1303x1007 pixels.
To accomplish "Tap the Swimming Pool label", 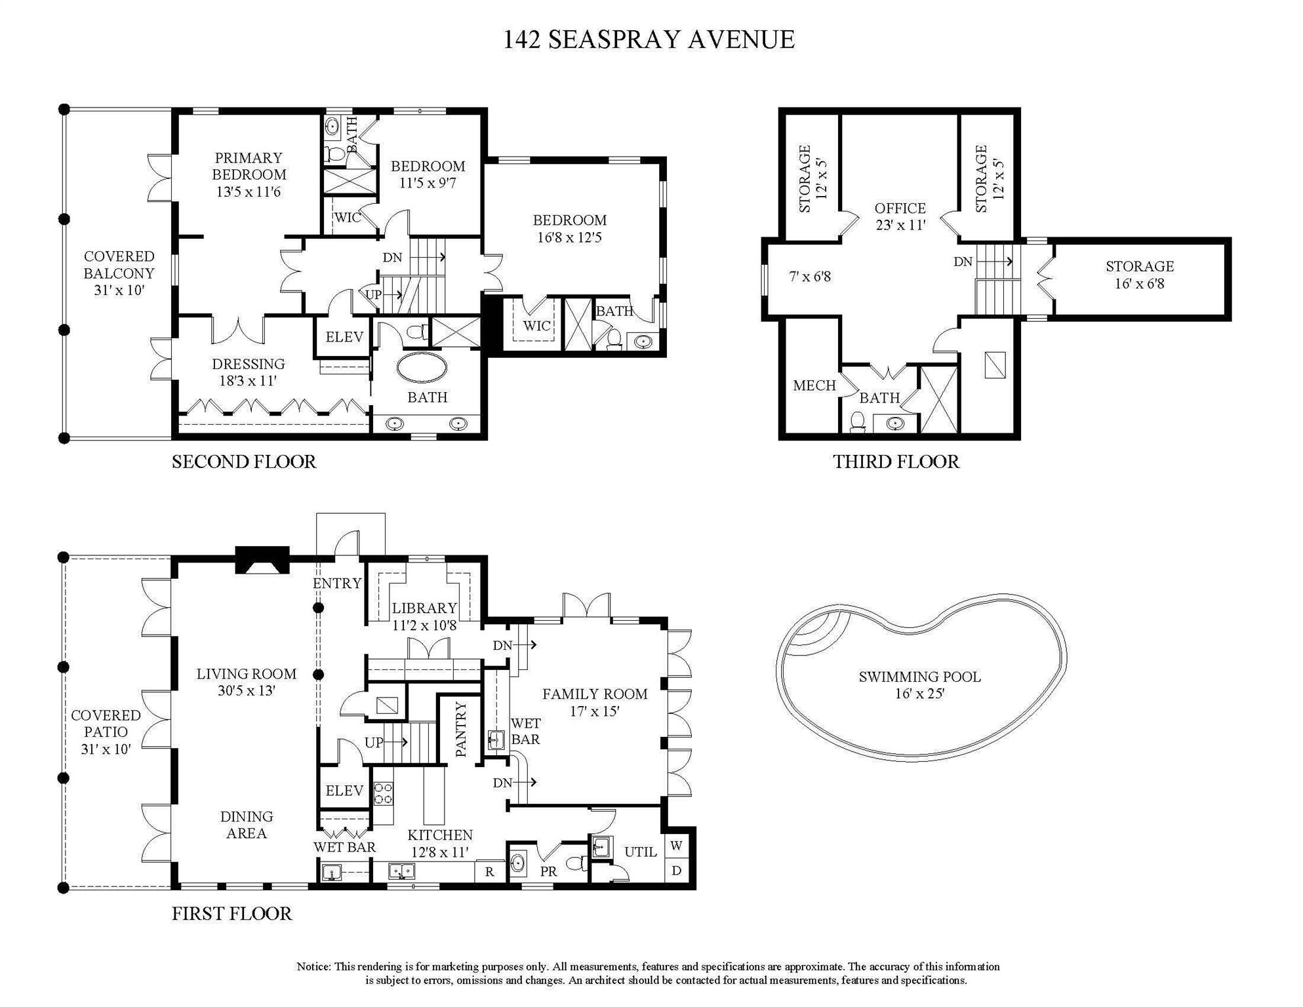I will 919,685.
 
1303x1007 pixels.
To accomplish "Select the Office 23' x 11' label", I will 900,216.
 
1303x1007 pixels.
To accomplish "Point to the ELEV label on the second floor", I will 344,337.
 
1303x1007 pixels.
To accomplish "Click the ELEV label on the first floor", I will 344,791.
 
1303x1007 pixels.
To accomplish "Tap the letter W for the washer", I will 677,846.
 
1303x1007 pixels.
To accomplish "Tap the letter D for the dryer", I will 677,871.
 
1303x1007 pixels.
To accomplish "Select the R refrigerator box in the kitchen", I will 489,872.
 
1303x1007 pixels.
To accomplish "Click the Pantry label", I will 461,729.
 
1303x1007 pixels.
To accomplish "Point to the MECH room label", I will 814,385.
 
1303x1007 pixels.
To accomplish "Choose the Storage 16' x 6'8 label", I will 1139,275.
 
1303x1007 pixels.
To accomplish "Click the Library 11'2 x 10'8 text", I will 424,616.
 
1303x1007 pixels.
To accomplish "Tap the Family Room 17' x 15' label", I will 594,702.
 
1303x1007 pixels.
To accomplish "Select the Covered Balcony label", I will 119,273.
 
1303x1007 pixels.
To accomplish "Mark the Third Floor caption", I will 896,462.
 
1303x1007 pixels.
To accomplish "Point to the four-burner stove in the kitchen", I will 383,793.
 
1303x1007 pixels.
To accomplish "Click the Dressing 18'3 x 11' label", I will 248,372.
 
